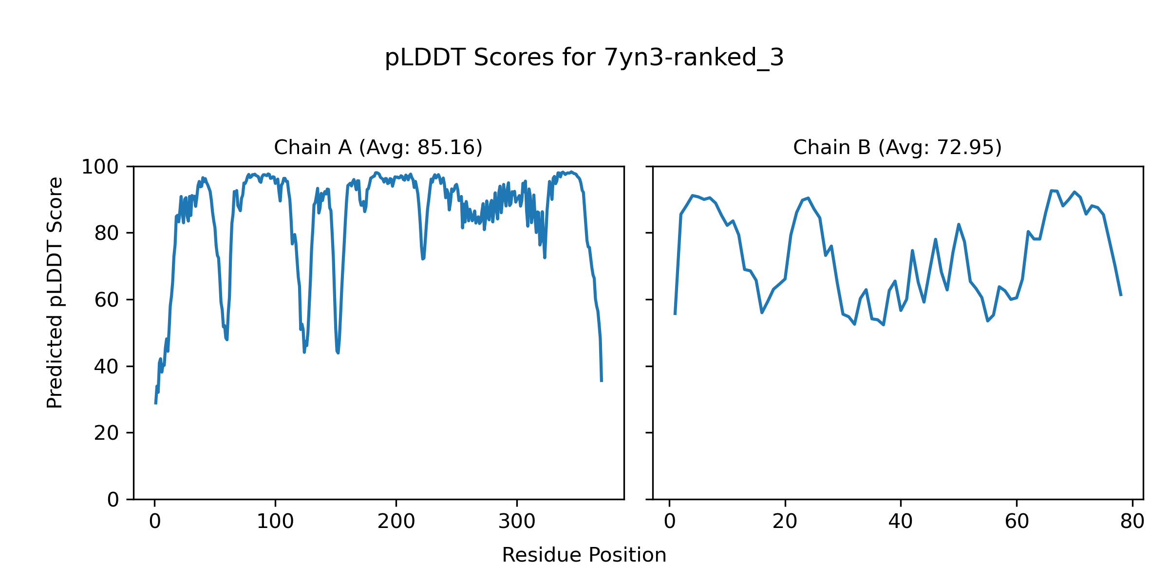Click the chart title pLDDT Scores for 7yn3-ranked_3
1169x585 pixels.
(584, 58)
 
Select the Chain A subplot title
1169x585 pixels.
(378, 147)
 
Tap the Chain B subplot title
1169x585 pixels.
(897, 147)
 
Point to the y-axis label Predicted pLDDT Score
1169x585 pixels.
(55, 292)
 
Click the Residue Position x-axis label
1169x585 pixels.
(584, 555)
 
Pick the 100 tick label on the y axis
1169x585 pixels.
(100, 167)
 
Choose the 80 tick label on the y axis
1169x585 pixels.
(107, 234)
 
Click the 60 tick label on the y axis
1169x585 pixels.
(107, 300)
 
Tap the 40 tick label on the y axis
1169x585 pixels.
(107, 367)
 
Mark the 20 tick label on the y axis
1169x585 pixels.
(107, 433)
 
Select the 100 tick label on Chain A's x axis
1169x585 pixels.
(275, 522)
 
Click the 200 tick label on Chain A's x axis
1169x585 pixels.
(396, 522)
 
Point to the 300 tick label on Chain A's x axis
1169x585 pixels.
(517, 522)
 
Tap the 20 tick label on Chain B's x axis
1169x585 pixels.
(785, 522)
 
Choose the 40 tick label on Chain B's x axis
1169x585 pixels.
(901, 522)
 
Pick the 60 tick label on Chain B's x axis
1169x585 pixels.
(1017, 522)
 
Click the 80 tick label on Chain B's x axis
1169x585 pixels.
(1132, 522)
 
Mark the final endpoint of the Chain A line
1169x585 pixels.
(602, 381)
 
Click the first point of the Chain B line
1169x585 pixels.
(675, 314)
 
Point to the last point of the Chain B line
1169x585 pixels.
(1121, 295)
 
